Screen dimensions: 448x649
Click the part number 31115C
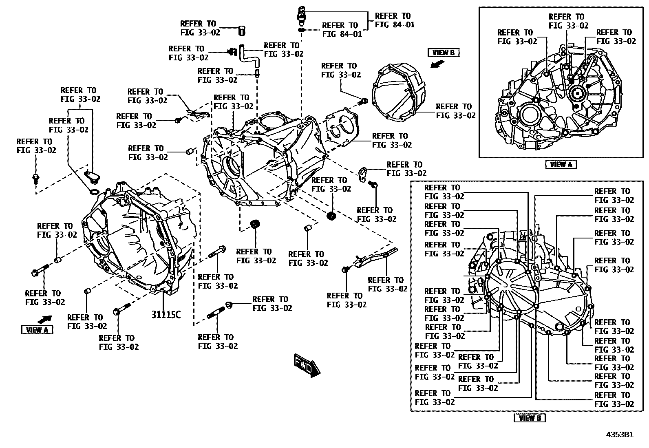166,315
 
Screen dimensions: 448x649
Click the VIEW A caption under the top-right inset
561,164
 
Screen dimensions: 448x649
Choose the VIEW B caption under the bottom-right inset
530,418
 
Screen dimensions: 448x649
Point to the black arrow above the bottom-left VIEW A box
45,319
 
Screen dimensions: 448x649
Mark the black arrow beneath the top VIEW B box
438,63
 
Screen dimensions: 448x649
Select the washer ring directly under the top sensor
301,31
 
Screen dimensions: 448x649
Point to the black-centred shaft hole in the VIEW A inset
576,93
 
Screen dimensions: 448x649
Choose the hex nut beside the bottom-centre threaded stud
229,304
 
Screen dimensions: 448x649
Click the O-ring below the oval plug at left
93,192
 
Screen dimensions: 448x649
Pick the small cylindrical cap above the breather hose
241,30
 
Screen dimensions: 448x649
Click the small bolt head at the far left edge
35,178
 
